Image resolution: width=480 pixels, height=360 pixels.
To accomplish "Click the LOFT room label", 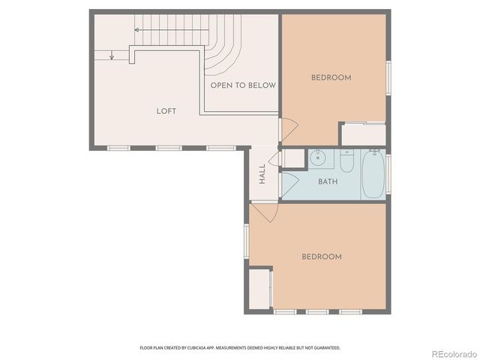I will click(x=166, y=111).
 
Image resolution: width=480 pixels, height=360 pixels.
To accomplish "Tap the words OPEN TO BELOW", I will click(x=242, y=85).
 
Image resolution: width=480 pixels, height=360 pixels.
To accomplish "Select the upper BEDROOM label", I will click(x=331, y=77).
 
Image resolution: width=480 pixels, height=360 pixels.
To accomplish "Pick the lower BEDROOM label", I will click(x=321, y=256).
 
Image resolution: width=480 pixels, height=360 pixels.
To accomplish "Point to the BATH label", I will click(x=328, y=181).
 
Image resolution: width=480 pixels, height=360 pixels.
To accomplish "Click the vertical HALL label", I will click(x=262, y=174).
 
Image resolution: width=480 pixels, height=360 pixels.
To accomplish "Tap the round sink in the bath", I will click(x=318, y=157).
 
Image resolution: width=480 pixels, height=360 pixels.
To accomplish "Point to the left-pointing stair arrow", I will click(x=138, y=30).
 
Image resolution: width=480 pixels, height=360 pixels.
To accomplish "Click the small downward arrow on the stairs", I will click(x=112, y=55).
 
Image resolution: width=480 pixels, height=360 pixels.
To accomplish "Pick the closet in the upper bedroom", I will click(x=363, y=133).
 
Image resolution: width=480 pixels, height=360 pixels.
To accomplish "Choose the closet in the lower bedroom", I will click(x=260, y=289).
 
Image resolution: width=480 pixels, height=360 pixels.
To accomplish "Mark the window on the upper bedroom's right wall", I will click(x=388, y=77).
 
